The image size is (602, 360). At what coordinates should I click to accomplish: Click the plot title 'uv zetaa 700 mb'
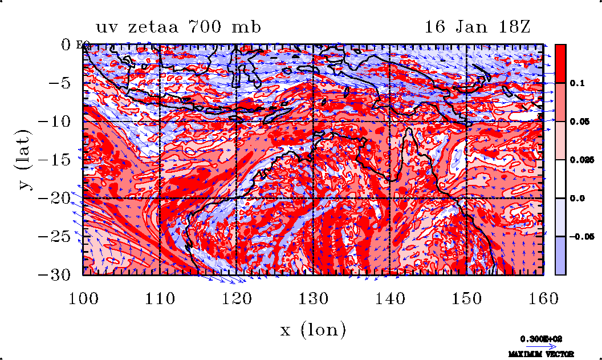pyautogui.click(x=178, y=27)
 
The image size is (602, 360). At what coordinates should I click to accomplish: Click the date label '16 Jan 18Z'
pyautogui.click(x=478, y=27)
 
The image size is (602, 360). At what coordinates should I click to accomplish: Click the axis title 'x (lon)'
pyautogui.click(x=313, y=329)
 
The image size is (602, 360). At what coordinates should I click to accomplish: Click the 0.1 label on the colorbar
pyautogui.click(x=576, y=83)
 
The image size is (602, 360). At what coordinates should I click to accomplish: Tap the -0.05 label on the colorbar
pyautogui.click(x=579, y=237)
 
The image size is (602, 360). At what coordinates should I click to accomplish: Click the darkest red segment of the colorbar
pyautogui.click(x=560, y=63)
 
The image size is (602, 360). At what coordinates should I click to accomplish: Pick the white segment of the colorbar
pyautogui.click(x=560, y=179)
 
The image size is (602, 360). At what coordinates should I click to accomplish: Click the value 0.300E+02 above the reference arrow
pyautogui.click(x=541, y=338)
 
